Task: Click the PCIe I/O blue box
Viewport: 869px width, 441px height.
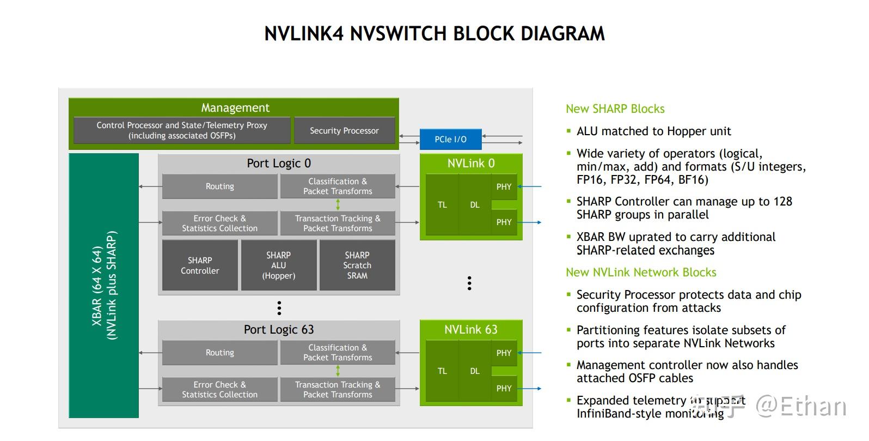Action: coord(450,139)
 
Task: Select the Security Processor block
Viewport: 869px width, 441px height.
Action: coord(344,131)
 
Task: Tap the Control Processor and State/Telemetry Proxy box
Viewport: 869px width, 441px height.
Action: coord(182,130)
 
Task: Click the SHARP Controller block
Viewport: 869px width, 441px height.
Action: coord(200,265)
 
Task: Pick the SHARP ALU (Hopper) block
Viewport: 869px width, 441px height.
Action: coord(278,265)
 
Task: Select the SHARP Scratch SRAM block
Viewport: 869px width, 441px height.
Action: coord(357,265)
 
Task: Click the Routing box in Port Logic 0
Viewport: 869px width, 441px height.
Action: coord(219,186)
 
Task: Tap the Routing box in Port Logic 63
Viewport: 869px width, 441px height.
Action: coord(219,353)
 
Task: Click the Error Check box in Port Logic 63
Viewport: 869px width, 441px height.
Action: coord(219,389)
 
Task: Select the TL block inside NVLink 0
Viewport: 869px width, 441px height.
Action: coord(442,205)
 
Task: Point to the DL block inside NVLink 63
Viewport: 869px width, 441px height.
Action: coord(475,371)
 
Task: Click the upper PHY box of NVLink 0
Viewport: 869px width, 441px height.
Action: coord(504,187)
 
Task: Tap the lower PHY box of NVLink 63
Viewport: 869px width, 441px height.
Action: coord(504,389)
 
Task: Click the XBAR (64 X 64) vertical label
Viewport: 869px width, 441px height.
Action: coord(104,286)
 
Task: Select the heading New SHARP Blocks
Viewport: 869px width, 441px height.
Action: coord(615,109)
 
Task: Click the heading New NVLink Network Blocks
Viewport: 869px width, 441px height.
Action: coord(640,273)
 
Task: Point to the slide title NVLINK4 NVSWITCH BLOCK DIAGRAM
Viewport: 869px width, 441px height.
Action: coord(434,34)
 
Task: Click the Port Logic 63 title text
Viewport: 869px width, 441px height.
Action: coord(278,330)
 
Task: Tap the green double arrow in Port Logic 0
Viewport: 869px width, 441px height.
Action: coord(338,205)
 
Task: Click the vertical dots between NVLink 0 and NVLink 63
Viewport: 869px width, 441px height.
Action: coord(469,283)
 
